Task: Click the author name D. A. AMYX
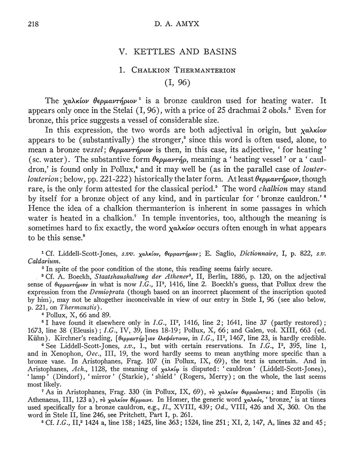click(x=180, y=24)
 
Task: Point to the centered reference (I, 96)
click(x=180, y=83)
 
